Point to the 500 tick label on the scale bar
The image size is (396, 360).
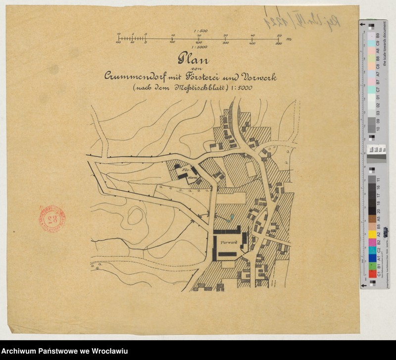click(x=279, y=44)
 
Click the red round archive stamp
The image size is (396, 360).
click(x=51, y=218)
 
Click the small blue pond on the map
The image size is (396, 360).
click(x=231, y=216)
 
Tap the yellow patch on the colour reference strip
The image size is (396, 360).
click(x=371, y=233)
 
